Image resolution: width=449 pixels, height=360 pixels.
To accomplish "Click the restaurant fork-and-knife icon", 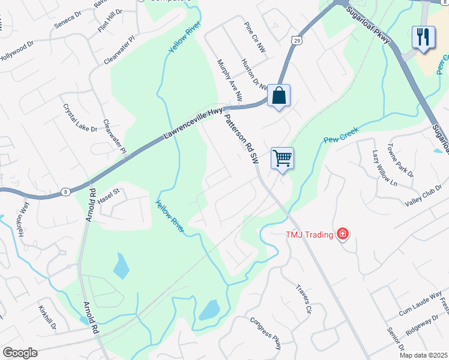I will pos(423,37).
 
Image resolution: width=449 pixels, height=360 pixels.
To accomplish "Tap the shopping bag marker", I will pos(279,95).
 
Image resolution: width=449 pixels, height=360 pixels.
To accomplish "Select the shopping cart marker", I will pos(282,158).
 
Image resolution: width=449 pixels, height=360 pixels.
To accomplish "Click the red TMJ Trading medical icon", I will pos(342,233).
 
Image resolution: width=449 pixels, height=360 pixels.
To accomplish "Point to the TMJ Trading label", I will pos(309,234).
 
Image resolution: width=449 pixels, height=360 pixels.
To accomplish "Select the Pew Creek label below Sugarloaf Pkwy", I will pos(341,139).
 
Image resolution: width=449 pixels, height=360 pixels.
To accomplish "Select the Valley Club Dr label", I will pos(423,196).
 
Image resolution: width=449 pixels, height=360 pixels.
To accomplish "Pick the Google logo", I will pos(20,352).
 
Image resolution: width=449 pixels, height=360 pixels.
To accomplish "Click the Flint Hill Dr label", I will pos(109,20).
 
